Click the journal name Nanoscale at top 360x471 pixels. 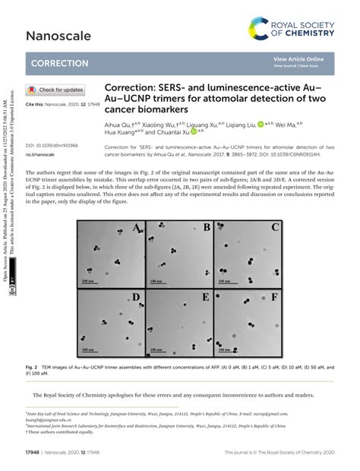click(x=58, y=35)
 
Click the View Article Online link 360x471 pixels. click(x=298, y=59)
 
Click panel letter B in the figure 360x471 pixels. click(x=206, y=227)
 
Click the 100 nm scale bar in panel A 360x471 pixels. click(x=88, y=280)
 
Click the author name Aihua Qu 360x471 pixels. click(x=122, y=123)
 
